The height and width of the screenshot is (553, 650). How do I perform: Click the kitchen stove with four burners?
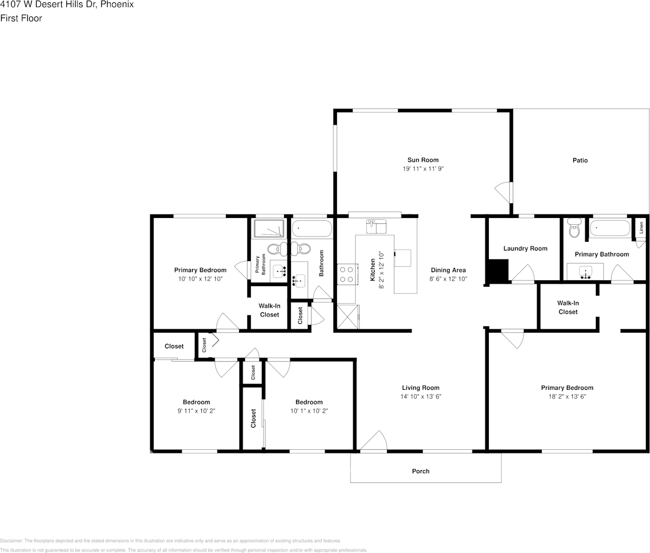(x=346, y=274)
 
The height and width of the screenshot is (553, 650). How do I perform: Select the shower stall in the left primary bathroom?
(x=269, y=229)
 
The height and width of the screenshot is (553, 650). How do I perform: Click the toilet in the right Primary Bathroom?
(x=575, y=230)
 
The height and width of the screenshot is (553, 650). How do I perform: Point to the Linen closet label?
(x=641, y=228)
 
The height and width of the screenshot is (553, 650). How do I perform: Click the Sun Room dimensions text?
(x=422, y=168)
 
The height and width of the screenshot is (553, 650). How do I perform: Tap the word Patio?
(x=580, y=160)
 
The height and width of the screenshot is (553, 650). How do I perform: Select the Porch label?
(x=420, y=471)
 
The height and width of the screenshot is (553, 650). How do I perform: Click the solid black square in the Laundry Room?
(x=498, y=270)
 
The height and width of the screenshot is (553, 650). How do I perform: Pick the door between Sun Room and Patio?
(x=502, y=191)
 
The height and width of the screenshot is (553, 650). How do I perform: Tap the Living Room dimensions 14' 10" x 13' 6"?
(x=420, y=396)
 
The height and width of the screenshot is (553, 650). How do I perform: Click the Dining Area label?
(x=448, y=270)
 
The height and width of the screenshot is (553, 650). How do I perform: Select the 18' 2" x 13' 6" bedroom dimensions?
(x=567, y=396)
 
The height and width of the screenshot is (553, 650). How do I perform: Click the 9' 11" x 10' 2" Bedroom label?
(x=196, y=402)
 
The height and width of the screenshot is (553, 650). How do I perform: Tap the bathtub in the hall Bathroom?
(x=311, y=228)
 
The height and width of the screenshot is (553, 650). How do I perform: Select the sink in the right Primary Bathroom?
(x=586, y=272)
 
